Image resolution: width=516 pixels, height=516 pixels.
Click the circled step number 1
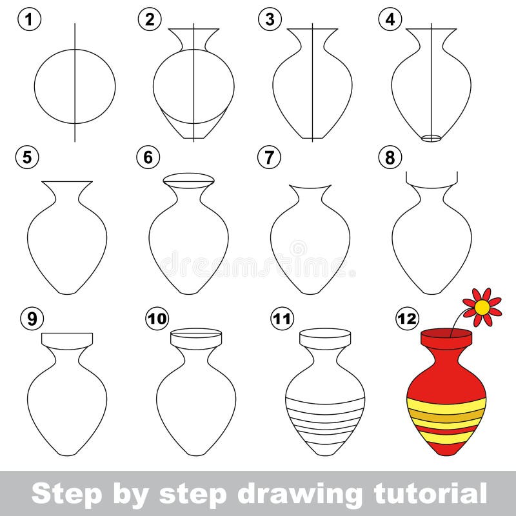click(x=29, y=19)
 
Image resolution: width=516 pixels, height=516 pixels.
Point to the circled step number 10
click(x=156, y=319)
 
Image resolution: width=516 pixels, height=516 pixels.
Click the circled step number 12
click(x=407, y=319)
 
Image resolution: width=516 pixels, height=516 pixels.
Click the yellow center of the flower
click(x=482, y=308)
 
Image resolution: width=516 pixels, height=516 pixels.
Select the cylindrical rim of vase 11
click(x=325, y=339)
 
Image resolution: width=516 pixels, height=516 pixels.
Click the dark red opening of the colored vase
click(x=446, y=332)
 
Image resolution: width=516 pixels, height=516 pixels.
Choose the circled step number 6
click(x=148, y=157)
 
